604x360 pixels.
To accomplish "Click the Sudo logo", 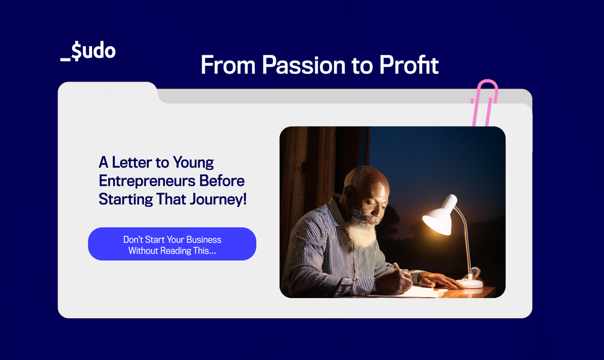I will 88,52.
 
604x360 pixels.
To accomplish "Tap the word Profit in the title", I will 409,65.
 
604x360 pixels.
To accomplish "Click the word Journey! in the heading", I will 218,199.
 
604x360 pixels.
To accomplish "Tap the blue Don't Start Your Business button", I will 172,244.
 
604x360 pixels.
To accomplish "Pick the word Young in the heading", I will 193,163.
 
